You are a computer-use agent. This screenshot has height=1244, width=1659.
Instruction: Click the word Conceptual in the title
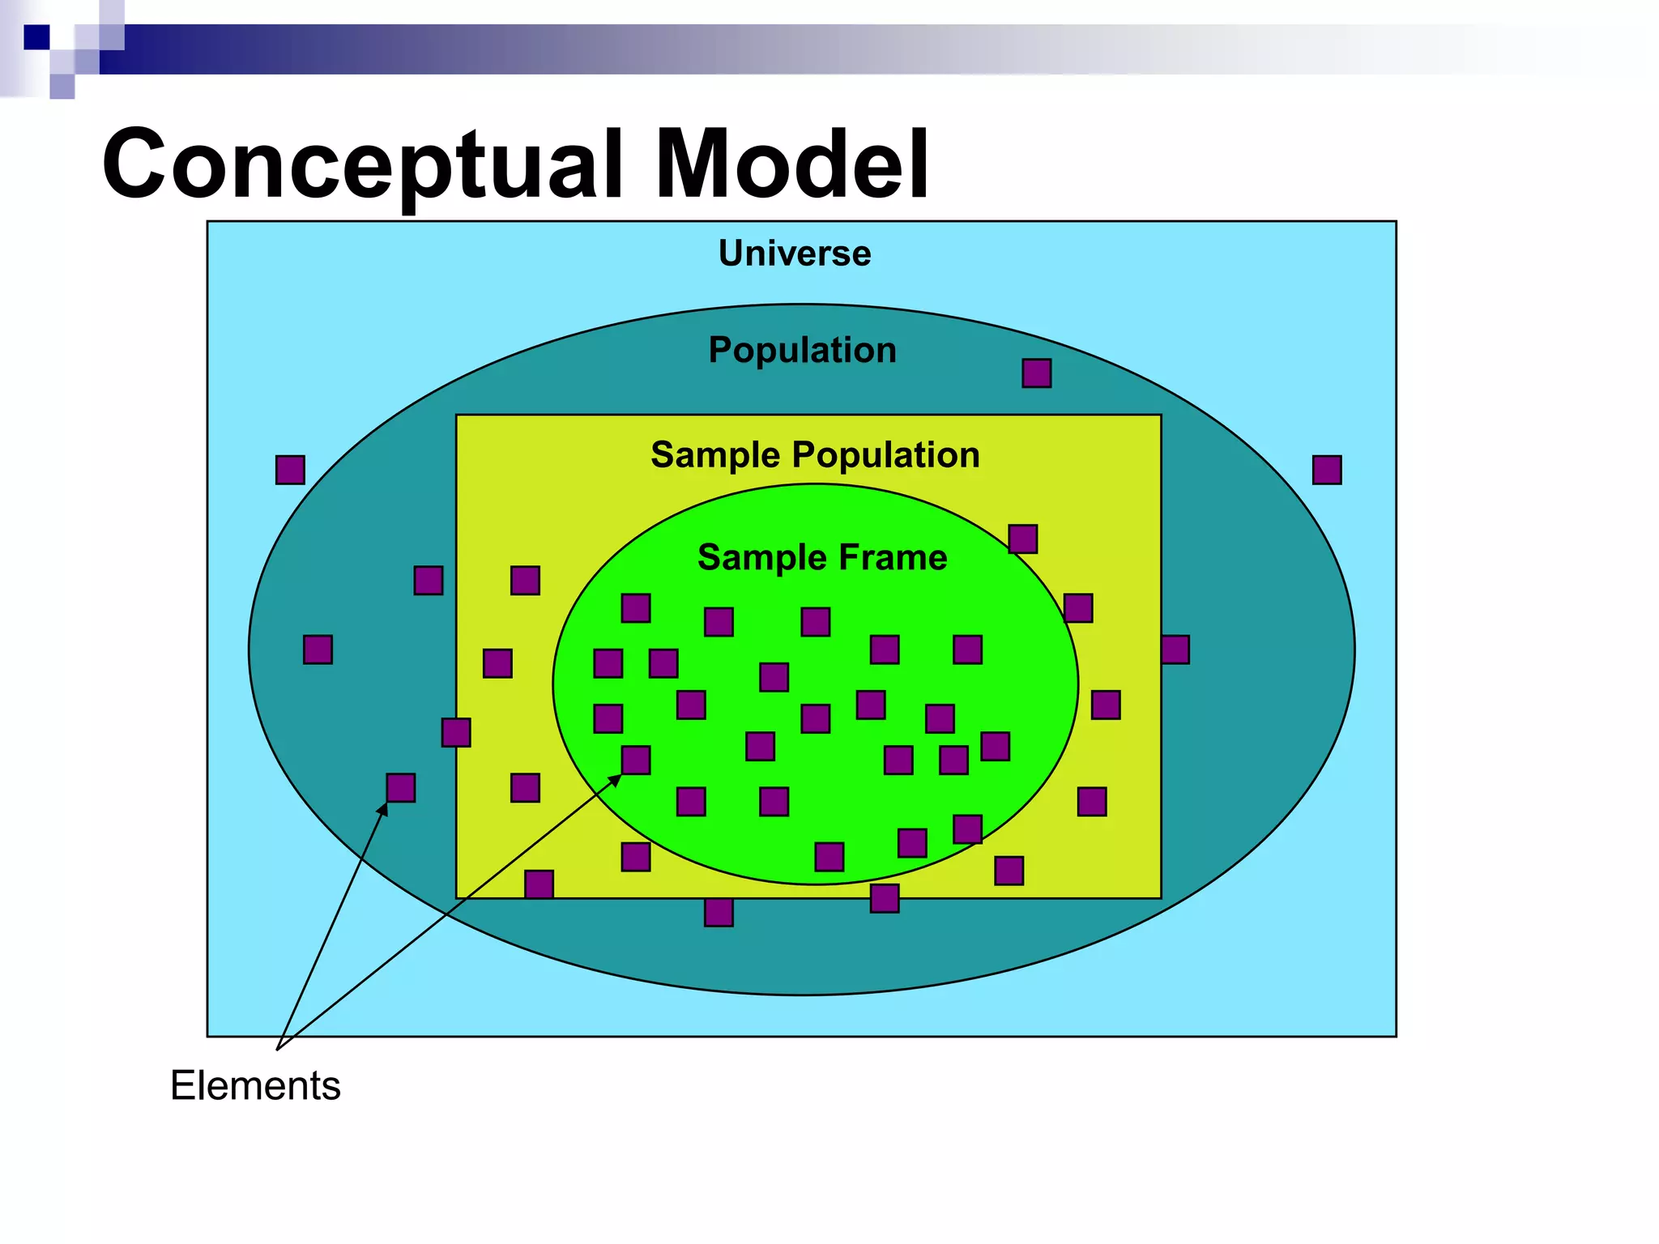click(360, 166)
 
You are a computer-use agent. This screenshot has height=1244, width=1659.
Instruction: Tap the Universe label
click(795, 253)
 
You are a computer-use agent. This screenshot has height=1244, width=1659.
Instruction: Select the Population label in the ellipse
click(802, 350)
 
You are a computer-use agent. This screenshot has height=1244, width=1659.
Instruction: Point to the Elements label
click(255, 1085)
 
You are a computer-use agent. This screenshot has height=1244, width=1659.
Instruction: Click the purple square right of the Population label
click(1036, 373)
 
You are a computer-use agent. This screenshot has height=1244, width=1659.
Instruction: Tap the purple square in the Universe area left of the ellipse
click(290, 470)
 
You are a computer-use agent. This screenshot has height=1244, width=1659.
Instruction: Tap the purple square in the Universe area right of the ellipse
click(1327, 470)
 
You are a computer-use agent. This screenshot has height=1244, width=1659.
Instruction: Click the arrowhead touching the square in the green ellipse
click(615, 781)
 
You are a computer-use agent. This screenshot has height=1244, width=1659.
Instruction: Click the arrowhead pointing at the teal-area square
click(383, 808)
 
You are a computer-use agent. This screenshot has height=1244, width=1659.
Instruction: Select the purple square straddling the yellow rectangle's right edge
click(1175, 650)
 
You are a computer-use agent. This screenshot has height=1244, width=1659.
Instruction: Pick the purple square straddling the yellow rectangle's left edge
click(456, 732)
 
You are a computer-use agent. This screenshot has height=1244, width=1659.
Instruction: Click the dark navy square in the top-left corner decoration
click(36, 37)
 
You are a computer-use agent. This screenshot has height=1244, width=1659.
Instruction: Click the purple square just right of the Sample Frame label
click(1022, 539)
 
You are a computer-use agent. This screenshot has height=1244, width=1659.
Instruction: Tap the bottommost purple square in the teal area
click(719, 912)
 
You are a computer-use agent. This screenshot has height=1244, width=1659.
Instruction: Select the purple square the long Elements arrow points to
click(635, 760)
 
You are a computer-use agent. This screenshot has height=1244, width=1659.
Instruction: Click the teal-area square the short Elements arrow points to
click(400, 787)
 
